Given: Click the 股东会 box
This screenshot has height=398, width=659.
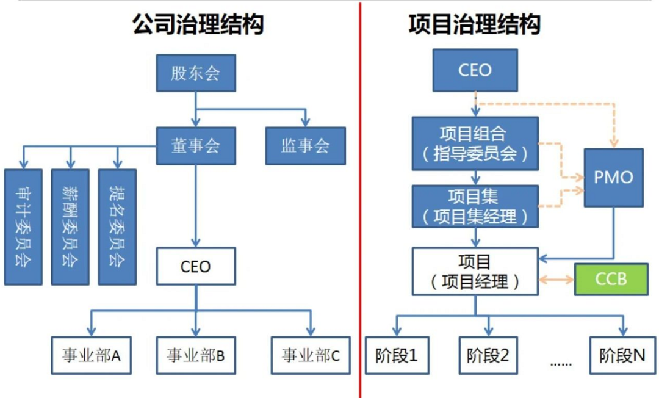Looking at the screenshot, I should click(x=195, y=74).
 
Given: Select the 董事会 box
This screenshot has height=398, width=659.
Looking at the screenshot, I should click(x=195, y=146).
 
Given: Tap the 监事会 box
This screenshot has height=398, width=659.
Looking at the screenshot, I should click(x=305, y=146).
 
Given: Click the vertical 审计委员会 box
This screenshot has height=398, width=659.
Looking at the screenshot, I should click(x=23, y=226).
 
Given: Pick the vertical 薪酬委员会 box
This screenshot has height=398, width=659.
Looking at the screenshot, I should click(x=70, y=226).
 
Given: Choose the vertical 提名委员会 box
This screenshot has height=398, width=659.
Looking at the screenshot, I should click(x=117, y=226).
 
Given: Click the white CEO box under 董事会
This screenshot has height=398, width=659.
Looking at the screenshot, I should click(x=195, y=266).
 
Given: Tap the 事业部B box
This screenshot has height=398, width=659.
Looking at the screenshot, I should click(x=195, y=354).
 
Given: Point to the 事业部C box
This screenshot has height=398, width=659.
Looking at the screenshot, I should click(x=311, y=354).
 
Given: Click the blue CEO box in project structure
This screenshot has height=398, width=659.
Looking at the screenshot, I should click(x=475, y=70).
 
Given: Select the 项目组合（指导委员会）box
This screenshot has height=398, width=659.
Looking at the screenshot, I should click(x=474, y=143).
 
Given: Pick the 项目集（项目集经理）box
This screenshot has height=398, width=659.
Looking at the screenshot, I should click(x=474, y=206).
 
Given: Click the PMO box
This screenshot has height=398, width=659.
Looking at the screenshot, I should click(x=613, y=178).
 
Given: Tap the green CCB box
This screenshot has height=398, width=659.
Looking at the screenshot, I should click(x=610, y=279).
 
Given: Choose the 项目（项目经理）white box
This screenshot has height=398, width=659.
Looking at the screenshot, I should click(x=474, y=272).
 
